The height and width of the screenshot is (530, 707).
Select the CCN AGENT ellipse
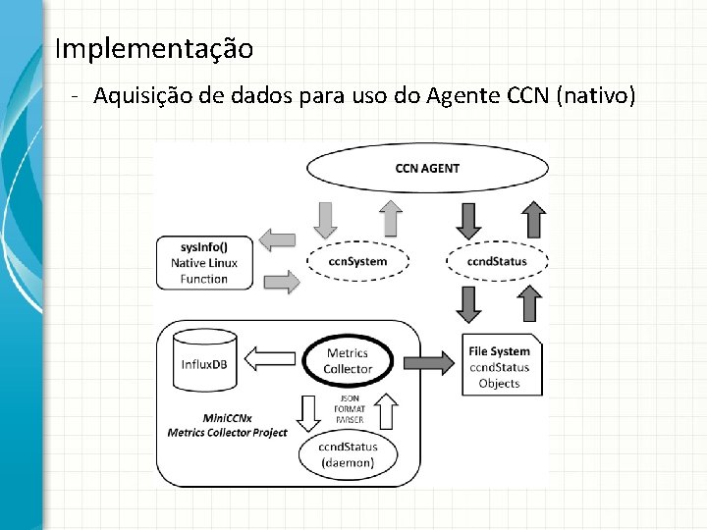tap(426, 168)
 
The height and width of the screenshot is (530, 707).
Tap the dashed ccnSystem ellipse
tap(356, 262)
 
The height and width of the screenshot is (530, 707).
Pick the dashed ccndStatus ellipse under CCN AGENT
tap(497, 262)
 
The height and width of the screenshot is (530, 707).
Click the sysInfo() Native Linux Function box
tap(203, 263)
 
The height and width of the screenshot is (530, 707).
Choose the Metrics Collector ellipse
tap(348, 360)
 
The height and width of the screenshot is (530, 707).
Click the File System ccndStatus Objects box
tap(499, 367)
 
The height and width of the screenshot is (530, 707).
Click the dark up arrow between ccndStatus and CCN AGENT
tap(531, 218)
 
